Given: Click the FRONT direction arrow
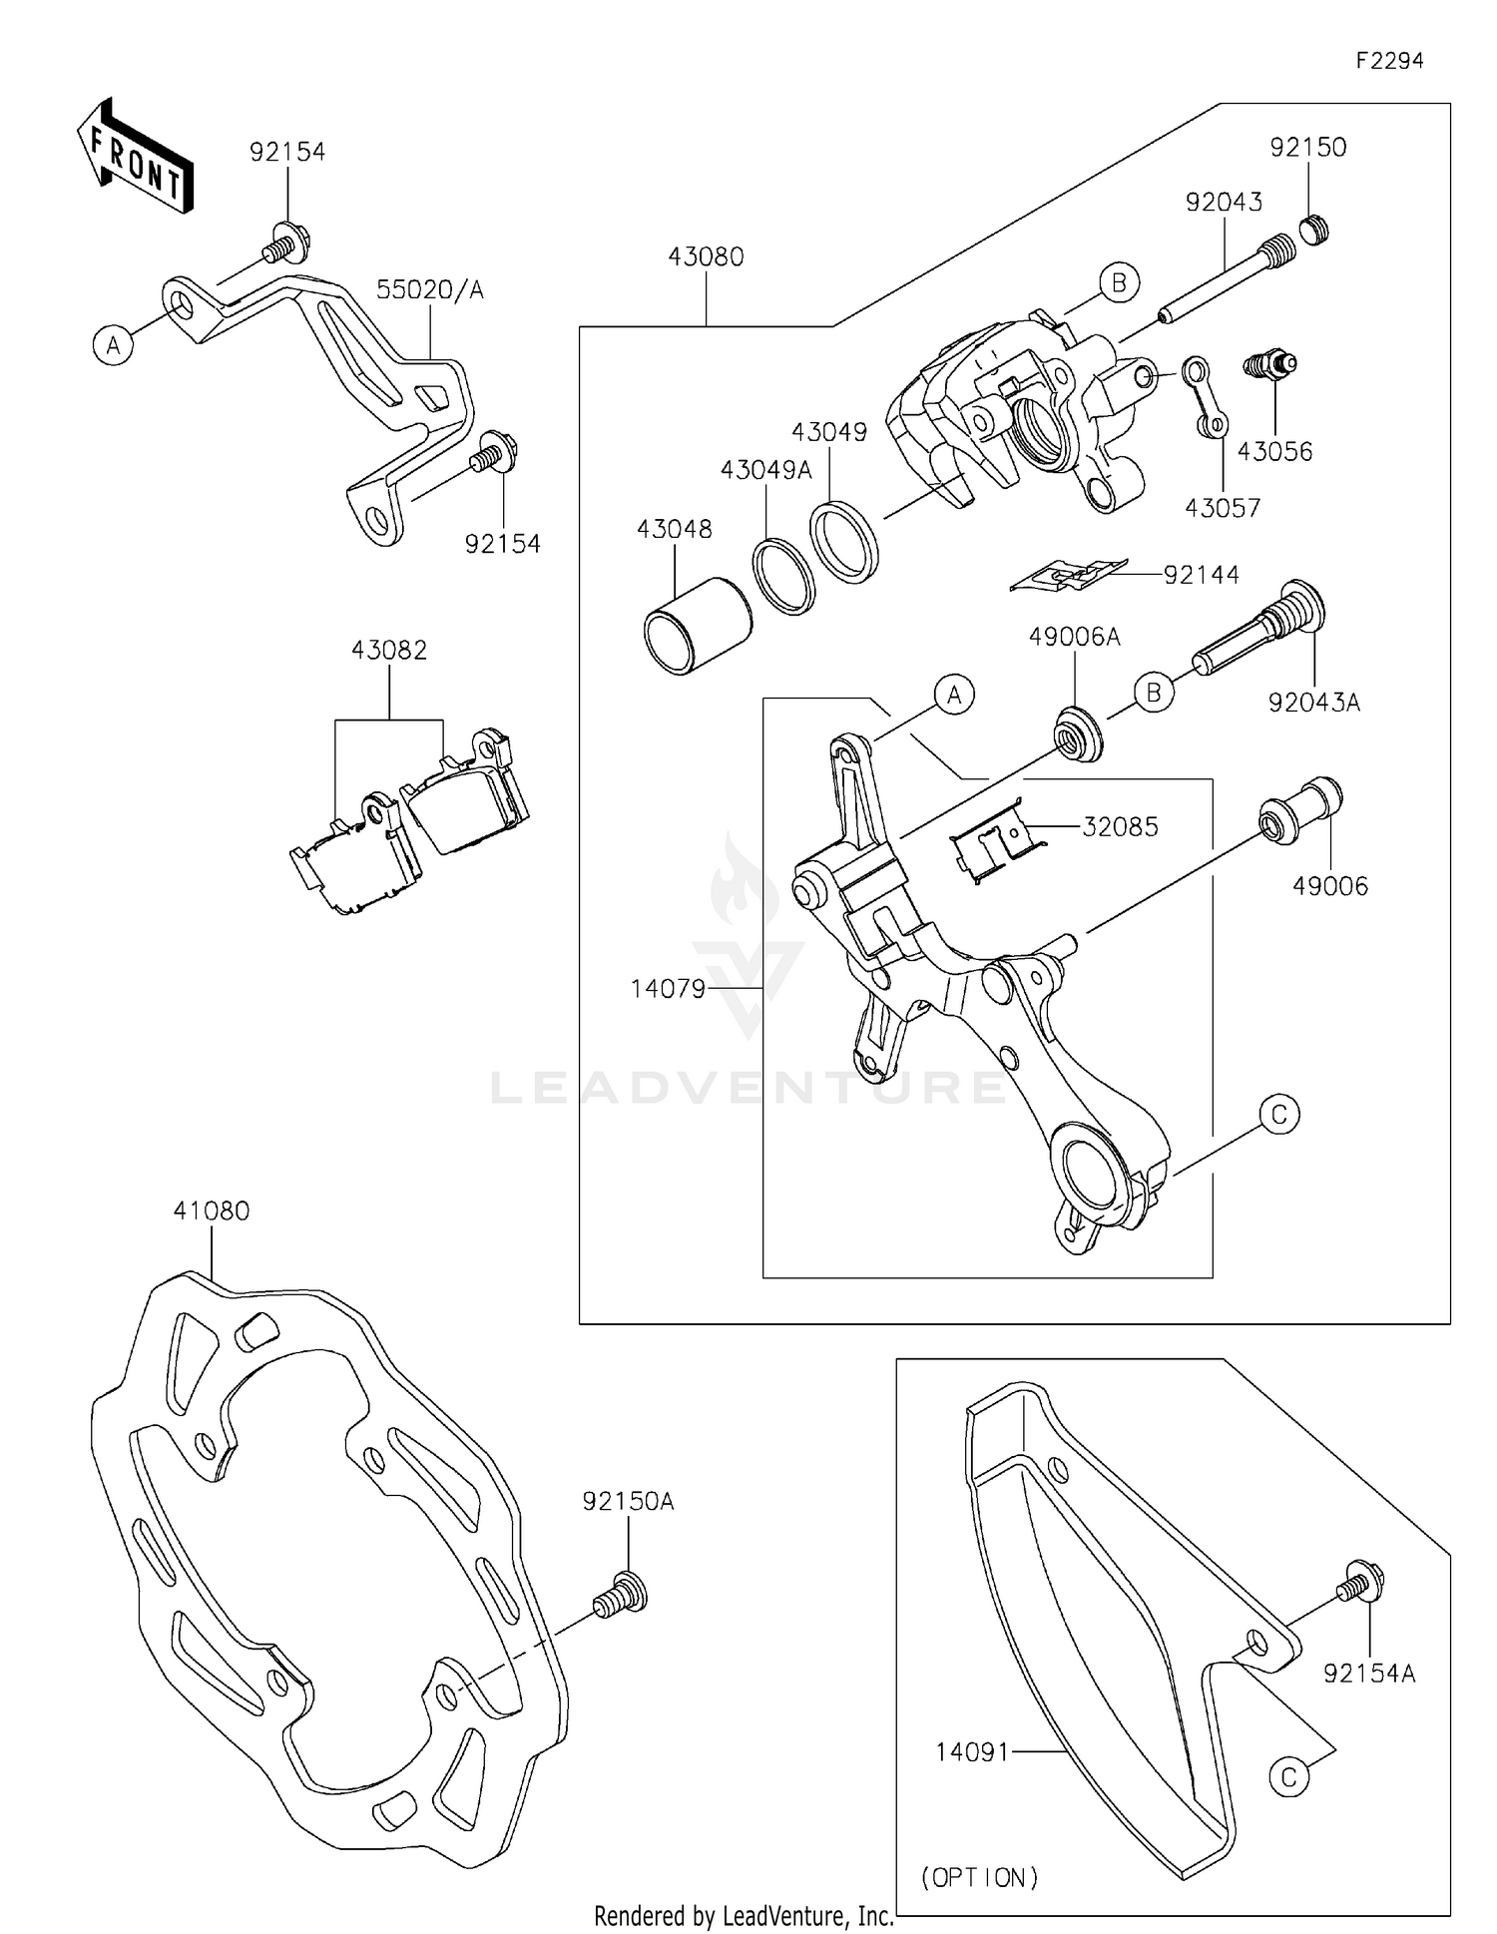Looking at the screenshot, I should click(x=135, y=158).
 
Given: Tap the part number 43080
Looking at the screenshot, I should click(x=706, y=256).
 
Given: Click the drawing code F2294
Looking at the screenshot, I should click(x=1389, y=60).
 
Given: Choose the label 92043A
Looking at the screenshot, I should click(x=1313, y=702).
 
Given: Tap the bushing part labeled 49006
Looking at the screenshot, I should click(x=1301, y=809).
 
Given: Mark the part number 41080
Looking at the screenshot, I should click(x=211, y=1210).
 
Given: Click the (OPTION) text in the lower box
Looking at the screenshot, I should click(x=979, y=1877).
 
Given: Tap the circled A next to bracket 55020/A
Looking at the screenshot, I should click(x=114, y=345).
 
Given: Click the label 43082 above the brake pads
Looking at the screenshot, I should click(x=389, y=650).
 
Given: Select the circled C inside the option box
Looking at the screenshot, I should click(x=1288, y=1776).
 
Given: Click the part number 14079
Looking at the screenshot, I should click(x=668, y=989).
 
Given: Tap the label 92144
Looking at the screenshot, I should click(x=1201, y=575).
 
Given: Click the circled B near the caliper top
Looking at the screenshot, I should click(x=1119, y=283).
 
